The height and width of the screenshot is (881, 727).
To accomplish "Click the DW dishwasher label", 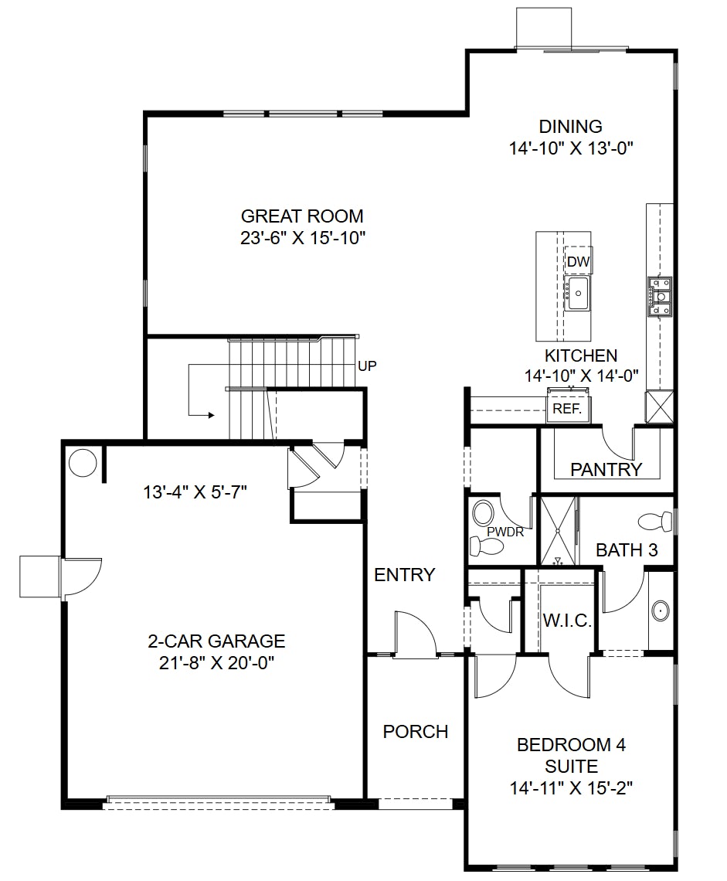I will (x=578, y=262).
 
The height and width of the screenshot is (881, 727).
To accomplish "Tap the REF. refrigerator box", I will (x=567, y=409).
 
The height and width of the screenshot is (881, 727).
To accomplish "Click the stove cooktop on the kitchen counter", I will (x=660, y=298).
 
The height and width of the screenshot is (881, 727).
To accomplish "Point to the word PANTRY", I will (x=606, y=469).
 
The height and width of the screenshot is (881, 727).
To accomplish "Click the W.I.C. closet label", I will (x=567, y=621).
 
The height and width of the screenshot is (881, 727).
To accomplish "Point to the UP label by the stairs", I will (x=368, y=366).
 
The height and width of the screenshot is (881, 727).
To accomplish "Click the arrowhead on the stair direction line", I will (x=210, y=415).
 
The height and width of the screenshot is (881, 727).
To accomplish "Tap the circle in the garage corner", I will (x=83, y=463).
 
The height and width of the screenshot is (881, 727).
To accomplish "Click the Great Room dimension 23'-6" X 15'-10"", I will (x=302, y=236).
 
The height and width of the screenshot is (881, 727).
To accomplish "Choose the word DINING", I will (x=570, y=127).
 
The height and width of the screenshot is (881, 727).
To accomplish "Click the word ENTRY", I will (x=404, y=575).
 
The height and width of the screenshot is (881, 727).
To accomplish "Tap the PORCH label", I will (x=415, y=731).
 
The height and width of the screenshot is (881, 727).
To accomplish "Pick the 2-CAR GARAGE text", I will (x=216, y=641).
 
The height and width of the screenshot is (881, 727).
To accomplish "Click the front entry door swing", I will (x=416, y=634).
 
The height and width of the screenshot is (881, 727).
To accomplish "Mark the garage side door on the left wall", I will (x=80, y=577).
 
